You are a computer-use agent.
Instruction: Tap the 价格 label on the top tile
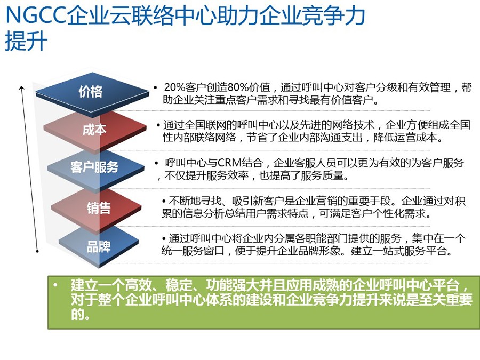click(90, 92)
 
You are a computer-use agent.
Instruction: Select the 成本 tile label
click(94, 130)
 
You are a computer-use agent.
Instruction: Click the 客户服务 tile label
click(94, 167)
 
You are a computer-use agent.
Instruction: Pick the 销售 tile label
click(99, 208)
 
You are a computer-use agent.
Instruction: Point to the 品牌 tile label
click(99, 247)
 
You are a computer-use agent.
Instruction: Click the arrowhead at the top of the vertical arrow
click(21, 88)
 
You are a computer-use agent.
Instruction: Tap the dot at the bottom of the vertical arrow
click(37, 251)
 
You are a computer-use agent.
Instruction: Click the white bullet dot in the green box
click(55, 285)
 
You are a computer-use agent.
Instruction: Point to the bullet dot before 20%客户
click(156, 88)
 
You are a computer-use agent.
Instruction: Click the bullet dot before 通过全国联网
click(158, 125)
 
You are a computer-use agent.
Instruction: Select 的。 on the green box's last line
click(80, 314)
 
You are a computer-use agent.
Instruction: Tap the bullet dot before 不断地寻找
click(164, 202)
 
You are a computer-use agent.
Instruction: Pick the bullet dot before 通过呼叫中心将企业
click(164, 239)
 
